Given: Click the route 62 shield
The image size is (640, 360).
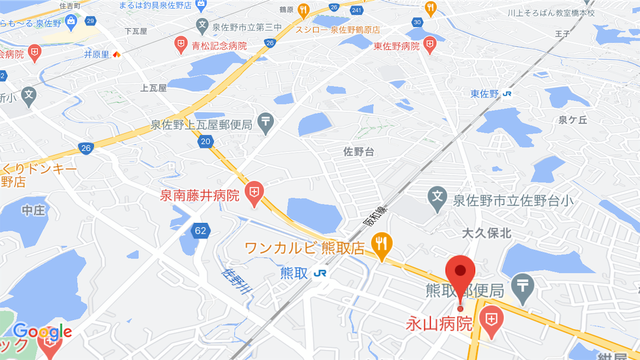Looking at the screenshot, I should (200, 231).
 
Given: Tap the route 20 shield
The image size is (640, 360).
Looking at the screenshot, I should (207, 142).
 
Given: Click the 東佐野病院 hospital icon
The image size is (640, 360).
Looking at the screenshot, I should (429, 44).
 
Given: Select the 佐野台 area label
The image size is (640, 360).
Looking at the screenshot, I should (358, 152).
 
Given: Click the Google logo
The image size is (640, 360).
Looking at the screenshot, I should (42, 331).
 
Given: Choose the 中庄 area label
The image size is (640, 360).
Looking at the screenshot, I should (33, 210).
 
